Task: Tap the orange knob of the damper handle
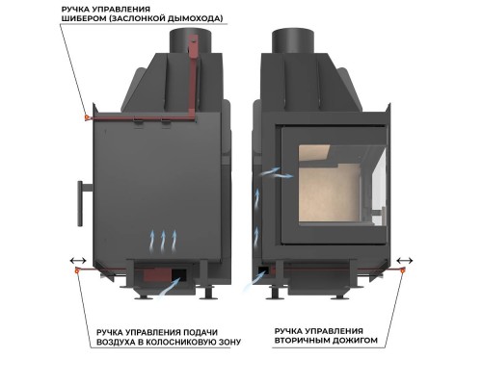(x=87, y=117)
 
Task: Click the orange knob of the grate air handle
(x=77, y=270)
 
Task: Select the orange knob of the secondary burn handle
(x=403, y=271)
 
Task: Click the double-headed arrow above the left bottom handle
(x=78, y=260)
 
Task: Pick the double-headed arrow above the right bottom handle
(x=405, y=260)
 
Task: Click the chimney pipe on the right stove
(x=293, y=41)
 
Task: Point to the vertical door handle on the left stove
(x=80, y=203)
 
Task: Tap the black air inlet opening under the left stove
(x=179, y=274)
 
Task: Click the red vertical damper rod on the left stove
(x=193, y=77)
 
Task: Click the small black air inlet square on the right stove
(x=264, y=269)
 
